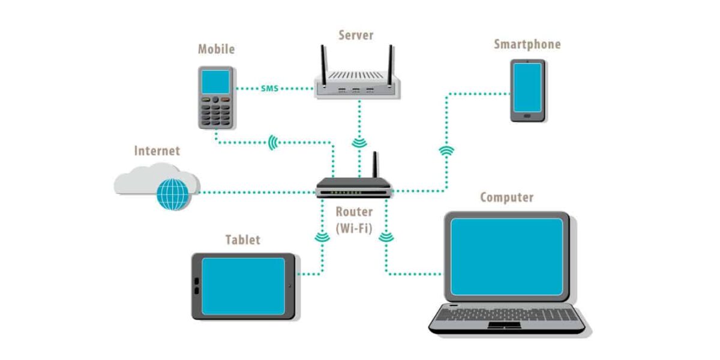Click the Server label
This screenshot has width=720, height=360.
356,35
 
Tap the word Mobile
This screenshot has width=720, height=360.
217,49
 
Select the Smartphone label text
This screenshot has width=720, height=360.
527,44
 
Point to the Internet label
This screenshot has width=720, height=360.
157,151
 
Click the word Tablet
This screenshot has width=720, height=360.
242,240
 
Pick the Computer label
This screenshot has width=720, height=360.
506,197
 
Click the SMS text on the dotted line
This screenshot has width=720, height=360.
269,88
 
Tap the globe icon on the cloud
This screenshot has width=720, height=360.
173,194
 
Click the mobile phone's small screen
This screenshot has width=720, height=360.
215,82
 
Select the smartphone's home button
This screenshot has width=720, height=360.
527,116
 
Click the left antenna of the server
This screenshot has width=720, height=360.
323,66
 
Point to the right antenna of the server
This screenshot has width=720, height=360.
391,66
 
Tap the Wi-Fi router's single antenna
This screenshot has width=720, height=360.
375,164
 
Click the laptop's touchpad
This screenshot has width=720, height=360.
505,325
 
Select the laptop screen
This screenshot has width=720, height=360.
506,257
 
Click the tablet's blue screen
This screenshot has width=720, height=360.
244,286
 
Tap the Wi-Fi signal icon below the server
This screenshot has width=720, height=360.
359,143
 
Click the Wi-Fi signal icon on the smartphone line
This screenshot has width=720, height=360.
446,150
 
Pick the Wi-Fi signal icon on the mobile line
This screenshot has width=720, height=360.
273,142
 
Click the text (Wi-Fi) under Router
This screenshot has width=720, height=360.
354,229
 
